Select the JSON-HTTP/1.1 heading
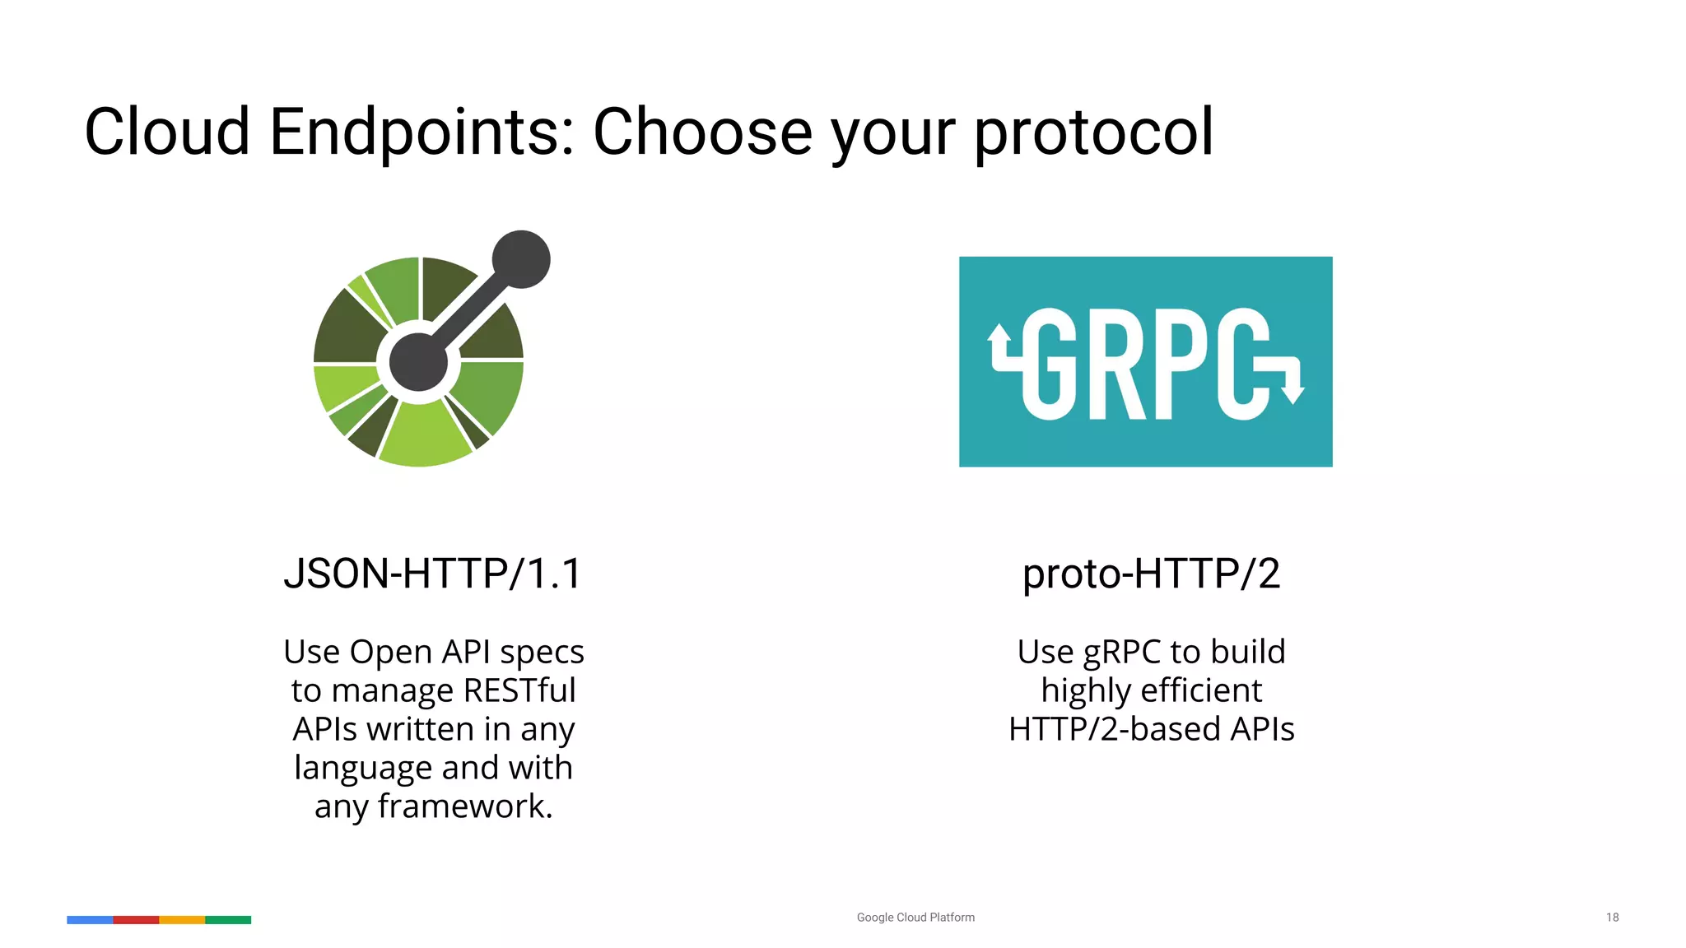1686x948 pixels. pos(433,574)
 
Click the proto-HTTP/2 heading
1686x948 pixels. pos(1151,574)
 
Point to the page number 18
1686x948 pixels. pos(1612,918)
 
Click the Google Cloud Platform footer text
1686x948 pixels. pos(915,918)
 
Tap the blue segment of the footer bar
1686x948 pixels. pos(90,920)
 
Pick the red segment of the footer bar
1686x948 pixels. pos(136,920)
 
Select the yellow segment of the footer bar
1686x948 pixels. pos(182,920)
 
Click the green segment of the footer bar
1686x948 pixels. pos(228,920)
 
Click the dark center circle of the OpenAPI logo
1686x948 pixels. pos(418,362)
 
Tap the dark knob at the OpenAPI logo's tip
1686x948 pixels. pos(521,259)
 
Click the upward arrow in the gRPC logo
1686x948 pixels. pos(999,337)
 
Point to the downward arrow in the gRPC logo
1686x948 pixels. pos(1294,392)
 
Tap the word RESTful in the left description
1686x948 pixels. pos(519,690)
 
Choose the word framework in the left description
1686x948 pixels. pos(464,806)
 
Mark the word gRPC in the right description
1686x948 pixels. pos(1121,653)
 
